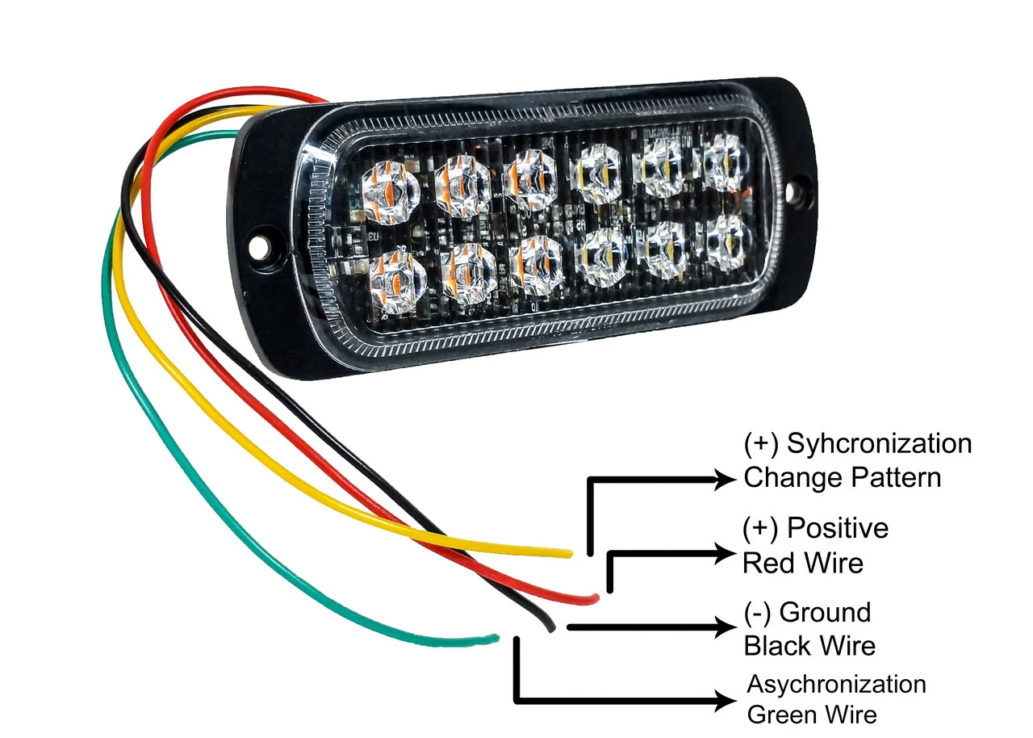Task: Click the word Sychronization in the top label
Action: point(879,443)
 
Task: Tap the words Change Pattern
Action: point(842,477)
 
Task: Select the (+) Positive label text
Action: point(815,528)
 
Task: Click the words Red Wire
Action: point(802,562)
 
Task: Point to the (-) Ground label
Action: point(807,612)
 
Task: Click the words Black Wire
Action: point(809,646)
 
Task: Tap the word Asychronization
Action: point(836,685)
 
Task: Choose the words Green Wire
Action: point(811,715)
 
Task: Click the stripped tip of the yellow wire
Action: point(567,553)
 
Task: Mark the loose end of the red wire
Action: point(594,598)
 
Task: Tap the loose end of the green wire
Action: point(493,639)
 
